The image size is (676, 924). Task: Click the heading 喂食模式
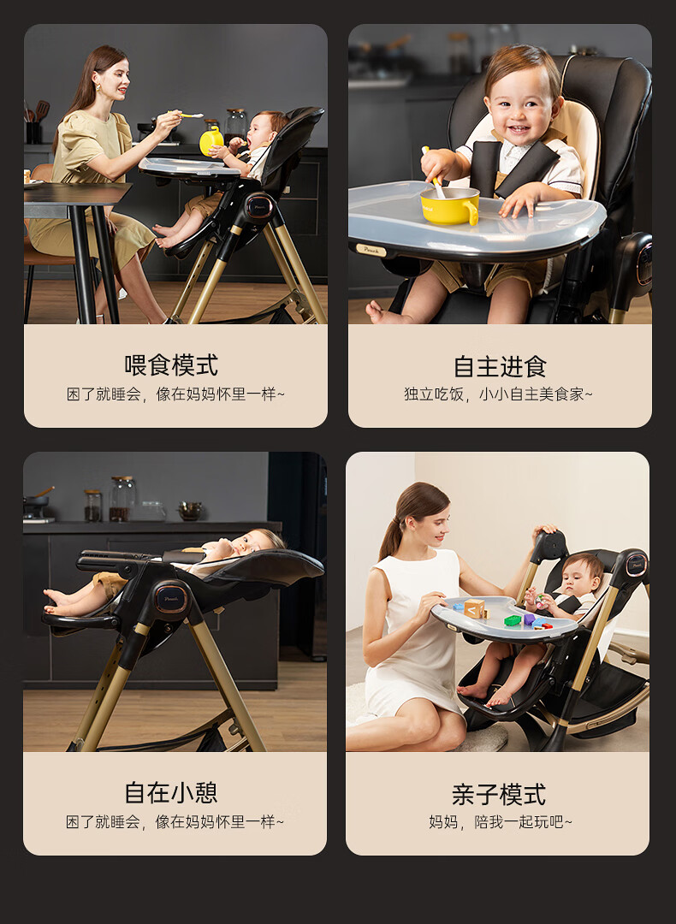click(171, 365)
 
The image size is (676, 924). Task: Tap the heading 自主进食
click(500, 366)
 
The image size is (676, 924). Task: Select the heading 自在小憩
click(171, 792)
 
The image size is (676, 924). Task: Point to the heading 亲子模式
click(499, 794)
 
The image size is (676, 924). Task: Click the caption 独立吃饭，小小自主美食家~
click(499, 394)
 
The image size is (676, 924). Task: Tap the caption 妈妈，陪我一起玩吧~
click(501, 821)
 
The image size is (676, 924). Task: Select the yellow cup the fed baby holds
click(211, 142)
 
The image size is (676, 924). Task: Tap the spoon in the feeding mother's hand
click(187, 115)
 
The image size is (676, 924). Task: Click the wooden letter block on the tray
click(474, 608)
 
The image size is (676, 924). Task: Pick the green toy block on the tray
click(513, 620)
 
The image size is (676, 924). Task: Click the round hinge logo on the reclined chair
click(171, 599)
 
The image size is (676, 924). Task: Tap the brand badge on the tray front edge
click(371, 250)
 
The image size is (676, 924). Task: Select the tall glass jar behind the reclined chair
click(122, 499)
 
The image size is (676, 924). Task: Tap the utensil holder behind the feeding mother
click(33, 132)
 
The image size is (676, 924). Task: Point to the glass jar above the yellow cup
click(236, 124)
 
